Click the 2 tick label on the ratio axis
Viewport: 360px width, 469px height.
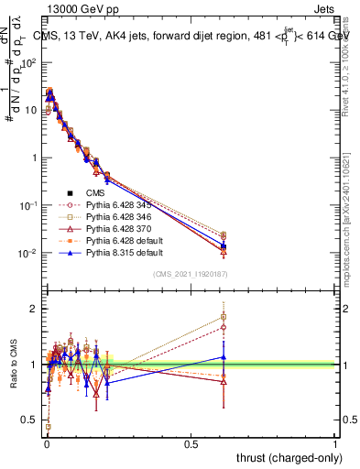33,309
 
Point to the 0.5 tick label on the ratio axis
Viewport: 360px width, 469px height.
30,420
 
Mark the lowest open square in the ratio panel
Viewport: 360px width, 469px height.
47,427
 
